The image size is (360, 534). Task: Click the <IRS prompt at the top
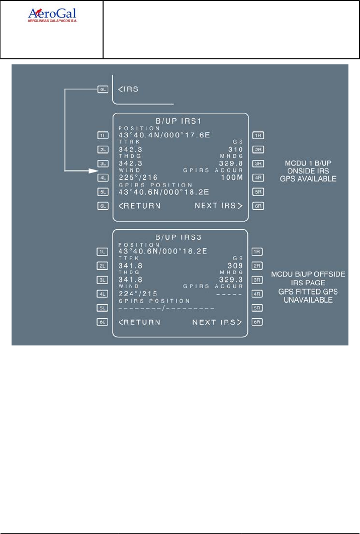[x=128, y=89]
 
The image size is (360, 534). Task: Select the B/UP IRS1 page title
[x=181, y=121]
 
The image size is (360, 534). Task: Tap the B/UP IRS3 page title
[x=181, y=236]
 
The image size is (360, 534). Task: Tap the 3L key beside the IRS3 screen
[x=104, y=280]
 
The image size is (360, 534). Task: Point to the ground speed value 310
[x=235, y=149]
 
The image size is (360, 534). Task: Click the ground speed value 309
[x=235, y=265]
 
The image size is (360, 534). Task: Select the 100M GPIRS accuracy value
[x=232, y=177]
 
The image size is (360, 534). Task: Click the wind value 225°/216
[x=139, y=177]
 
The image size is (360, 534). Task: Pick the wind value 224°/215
[x=139, y=294]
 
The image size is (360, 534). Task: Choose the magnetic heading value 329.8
[x=231, y=163]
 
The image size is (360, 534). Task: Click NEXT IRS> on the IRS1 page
[x=218, y=206]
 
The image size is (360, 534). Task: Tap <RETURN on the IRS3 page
[x=140, y=322]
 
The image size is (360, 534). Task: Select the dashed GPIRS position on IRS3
[x=166, y=308]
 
